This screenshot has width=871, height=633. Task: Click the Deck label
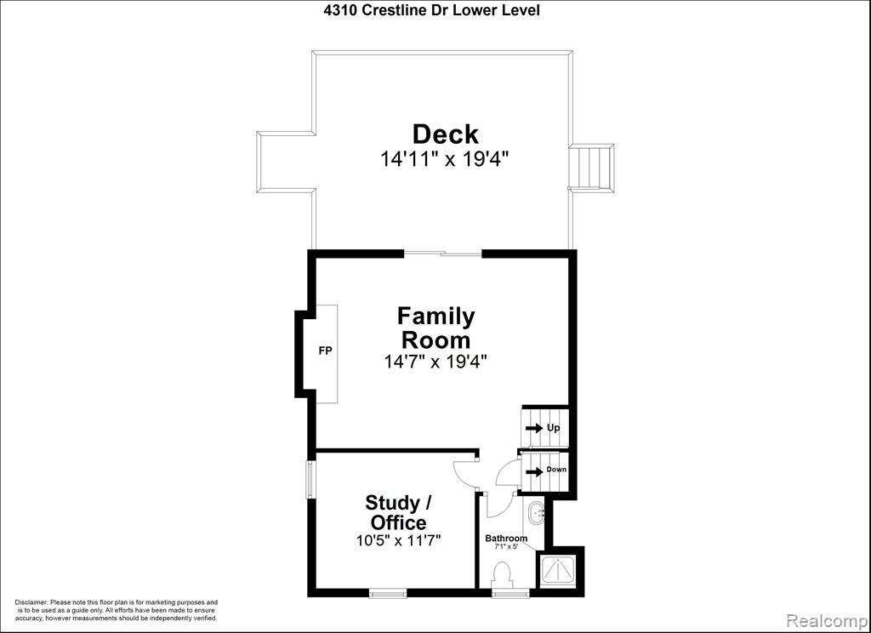tap(445, 134)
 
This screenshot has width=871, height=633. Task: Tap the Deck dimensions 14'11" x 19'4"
tap(445, 159)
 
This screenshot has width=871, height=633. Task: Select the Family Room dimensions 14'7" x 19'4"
tap(435, 362)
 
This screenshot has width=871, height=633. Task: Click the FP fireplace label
tap(325, 351)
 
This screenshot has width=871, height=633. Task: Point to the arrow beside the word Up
tap(534, 428)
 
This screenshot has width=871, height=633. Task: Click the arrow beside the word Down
tap(534, 472)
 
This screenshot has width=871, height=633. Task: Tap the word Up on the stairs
tap(553, 428)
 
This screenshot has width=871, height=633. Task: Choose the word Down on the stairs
tap(556, 470)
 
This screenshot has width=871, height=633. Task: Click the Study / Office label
tap(398, 512)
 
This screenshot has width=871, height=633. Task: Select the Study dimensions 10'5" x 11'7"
tap(398, 540)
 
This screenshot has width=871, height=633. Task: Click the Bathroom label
tap(506, 538)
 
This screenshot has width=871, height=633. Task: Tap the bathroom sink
tap(536, 514)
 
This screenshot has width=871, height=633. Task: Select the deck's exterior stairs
tap(592, 168)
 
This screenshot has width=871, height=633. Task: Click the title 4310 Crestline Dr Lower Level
tap(431, 10)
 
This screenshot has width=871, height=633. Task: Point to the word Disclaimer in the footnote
tap(31, 602)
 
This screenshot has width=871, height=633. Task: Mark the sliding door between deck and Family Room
tap(442, 254)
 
